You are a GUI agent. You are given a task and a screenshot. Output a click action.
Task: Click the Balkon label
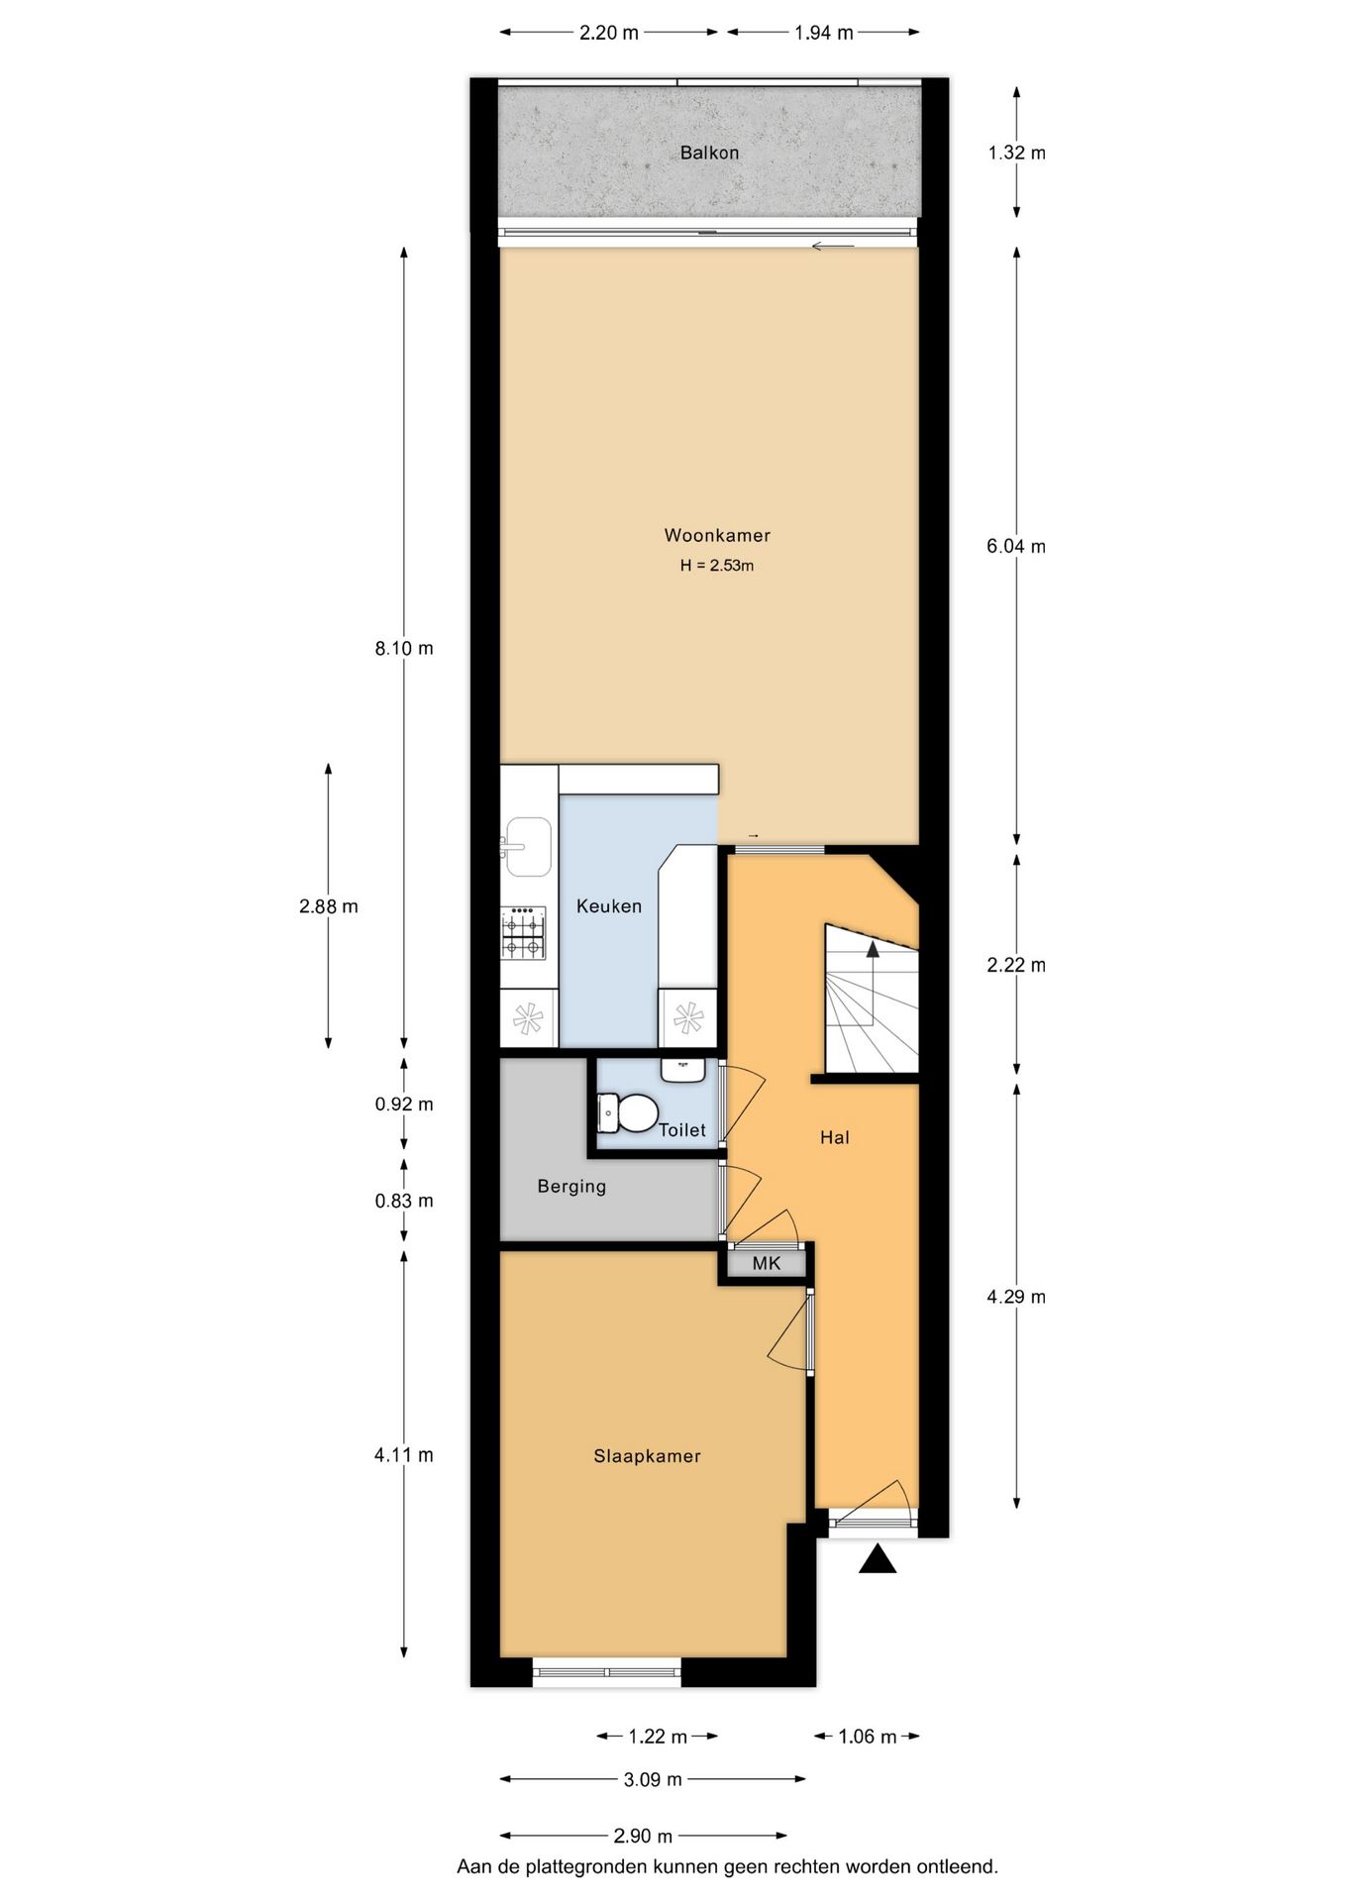click(x=709, y=153)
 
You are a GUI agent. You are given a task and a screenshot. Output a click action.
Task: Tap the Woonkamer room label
click(x=717, y=535)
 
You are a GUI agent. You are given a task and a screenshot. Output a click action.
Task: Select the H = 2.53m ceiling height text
click(x=717, y=566)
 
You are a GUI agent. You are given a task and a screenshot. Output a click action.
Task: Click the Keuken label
click(x=608, y=905)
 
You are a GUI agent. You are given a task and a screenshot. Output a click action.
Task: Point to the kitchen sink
click(x=527, y=847)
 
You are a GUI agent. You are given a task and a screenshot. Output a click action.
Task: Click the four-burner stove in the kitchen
click(x=523, y=933)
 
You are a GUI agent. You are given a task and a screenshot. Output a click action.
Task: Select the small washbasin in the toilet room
click(x=682, y=1070)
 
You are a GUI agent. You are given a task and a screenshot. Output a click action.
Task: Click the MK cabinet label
click(x=766, y=1263)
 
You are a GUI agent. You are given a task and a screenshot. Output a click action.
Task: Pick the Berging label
click(x=571, y=1186)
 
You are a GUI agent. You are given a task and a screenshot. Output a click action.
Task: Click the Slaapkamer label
click(x=647, y=1455)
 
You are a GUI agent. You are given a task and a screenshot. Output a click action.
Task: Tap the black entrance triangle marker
click(x=877, y=1560)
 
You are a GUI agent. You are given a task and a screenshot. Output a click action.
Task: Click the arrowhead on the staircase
click(x=873, y=949)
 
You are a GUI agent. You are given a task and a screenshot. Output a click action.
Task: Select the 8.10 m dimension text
click(x=404, y=648)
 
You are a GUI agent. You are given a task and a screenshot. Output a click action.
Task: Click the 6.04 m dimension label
click(x=1016, y=546)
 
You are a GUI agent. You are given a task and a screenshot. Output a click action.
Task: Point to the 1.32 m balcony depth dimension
click(x=1016, y=153)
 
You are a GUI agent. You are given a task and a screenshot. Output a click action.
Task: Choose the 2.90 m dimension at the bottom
click(x=643, y=1836)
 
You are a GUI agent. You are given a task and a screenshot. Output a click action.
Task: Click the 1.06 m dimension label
click(x=867, y=1736)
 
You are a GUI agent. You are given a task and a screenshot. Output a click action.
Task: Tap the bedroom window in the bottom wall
click(x=607, y=1673)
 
